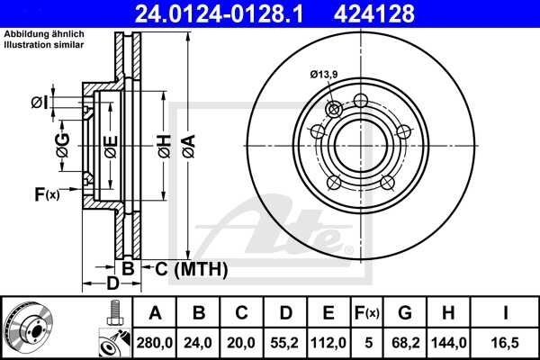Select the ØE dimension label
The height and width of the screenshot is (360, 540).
(111, 145)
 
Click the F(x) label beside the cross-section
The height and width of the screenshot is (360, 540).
(46, 193)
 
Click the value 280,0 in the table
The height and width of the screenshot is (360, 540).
(156, 343)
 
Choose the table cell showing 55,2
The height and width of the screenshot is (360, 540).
(284, 343)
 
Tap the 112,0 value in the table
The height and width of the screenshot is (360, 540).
(328, 343)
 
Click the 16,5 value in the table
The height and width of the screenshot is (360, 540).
(507, 343)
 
